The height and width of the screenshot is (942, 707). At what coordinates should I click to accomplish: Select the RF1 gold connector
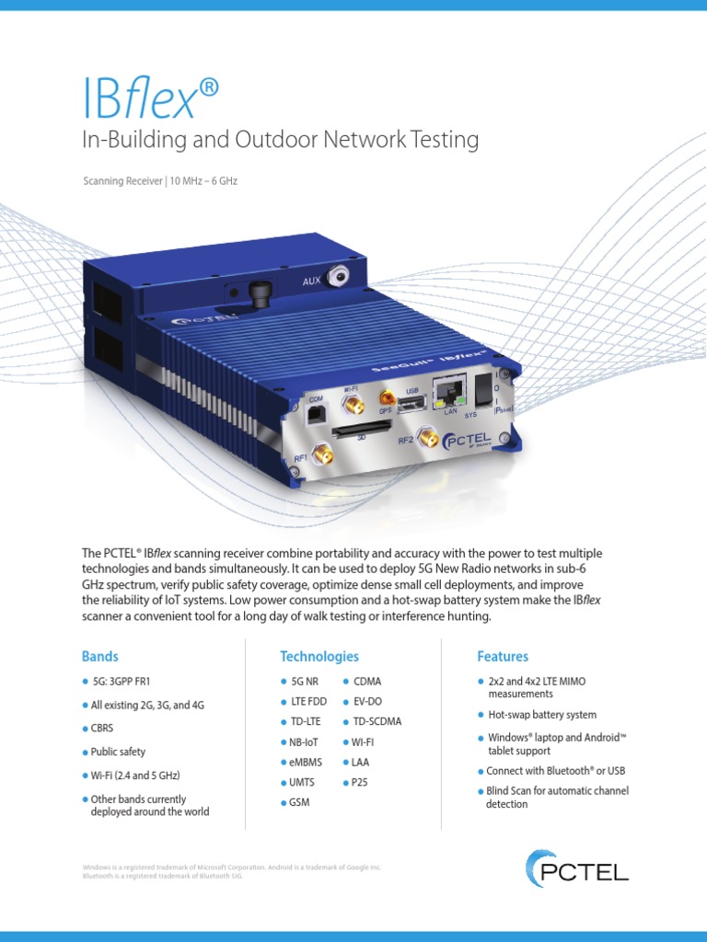point(323,454)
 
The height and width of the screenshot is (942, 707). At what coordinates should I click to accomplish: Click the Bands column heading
point(99,657)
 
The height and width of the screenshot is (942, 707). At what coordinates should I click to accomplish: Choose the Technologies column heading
point(319,657)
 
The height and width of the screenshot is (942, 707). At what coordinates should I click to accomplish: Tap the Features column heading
point(503,657)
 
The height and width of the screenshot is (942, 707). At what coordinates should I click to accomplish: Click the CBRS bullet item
point(104,728)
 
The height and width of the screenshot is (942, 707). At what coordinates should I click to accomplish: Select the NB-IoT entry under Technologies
point(302,741)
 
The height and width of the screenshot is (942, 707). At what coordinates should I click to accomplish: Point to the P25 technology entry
point(359,782)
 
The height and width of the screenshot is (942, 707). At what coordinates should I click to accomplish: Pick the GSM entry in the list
point(300,802)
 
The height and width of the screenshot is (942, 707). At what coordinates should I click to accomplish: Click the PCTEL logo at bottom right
point(577,868)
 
